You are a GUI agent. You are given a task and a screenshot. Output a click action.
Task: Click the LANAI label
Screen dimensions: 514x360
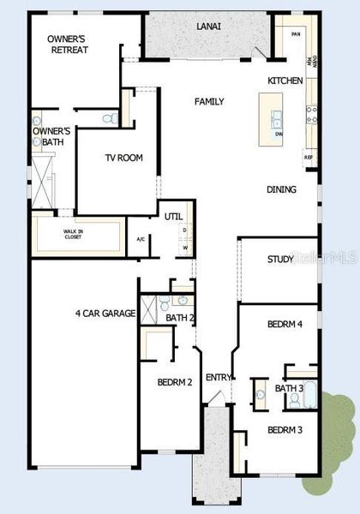208,27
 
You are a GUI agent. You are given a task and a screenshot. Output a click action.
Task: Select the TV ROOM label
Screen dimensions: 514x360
123,158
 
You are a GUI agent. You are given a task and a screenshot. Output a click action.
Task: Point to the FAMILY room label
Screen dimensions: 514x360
209,102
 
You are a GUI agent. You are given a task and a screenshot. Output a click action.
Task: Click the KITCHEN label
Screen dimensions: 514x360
285,80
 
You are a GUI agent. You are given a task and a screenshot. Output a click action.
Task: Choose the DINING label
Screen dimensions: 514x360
281,189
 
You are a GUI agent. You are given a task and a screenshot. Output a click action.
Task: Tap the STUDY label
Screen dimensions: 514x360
280,259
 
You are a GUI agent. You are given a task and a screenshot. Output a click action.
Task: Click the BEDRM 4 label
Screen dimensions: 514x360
285,324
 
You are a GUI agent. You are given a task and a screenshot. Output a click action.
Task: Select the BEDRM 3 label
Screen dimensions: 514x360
285,429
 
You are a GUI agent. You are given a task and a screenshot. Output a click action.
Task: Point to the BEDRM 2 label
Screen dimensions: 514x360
175,381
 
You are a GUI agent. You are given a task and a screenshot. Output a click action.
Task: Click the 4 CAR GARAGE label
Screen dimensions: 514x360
105,314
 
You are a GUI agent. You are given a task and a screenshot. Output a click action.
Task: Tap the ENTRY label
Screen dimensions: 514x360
219,378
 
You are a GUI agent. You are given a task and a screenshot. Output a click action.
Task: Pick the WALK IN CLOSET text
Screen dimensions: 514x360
72,234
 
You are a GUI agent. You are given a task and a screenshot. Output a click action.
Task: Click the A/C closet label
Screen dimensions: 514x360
141,239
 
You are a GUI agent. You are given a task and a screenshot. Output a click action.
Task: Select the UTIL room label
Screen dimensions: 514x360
174,217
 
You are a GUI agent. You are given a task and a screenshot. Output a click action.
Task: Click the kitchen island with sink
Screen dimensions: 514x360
276,118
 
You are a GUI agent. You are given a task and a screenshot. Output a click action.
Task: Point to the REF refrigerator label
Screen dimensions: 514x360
308,158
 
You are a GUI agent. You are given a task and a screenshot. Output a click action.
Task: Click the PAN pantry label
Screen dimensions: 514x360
296,33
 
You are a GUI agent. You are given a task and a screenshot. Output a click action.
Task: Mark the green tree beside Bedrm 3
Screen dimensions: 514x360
335,445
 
